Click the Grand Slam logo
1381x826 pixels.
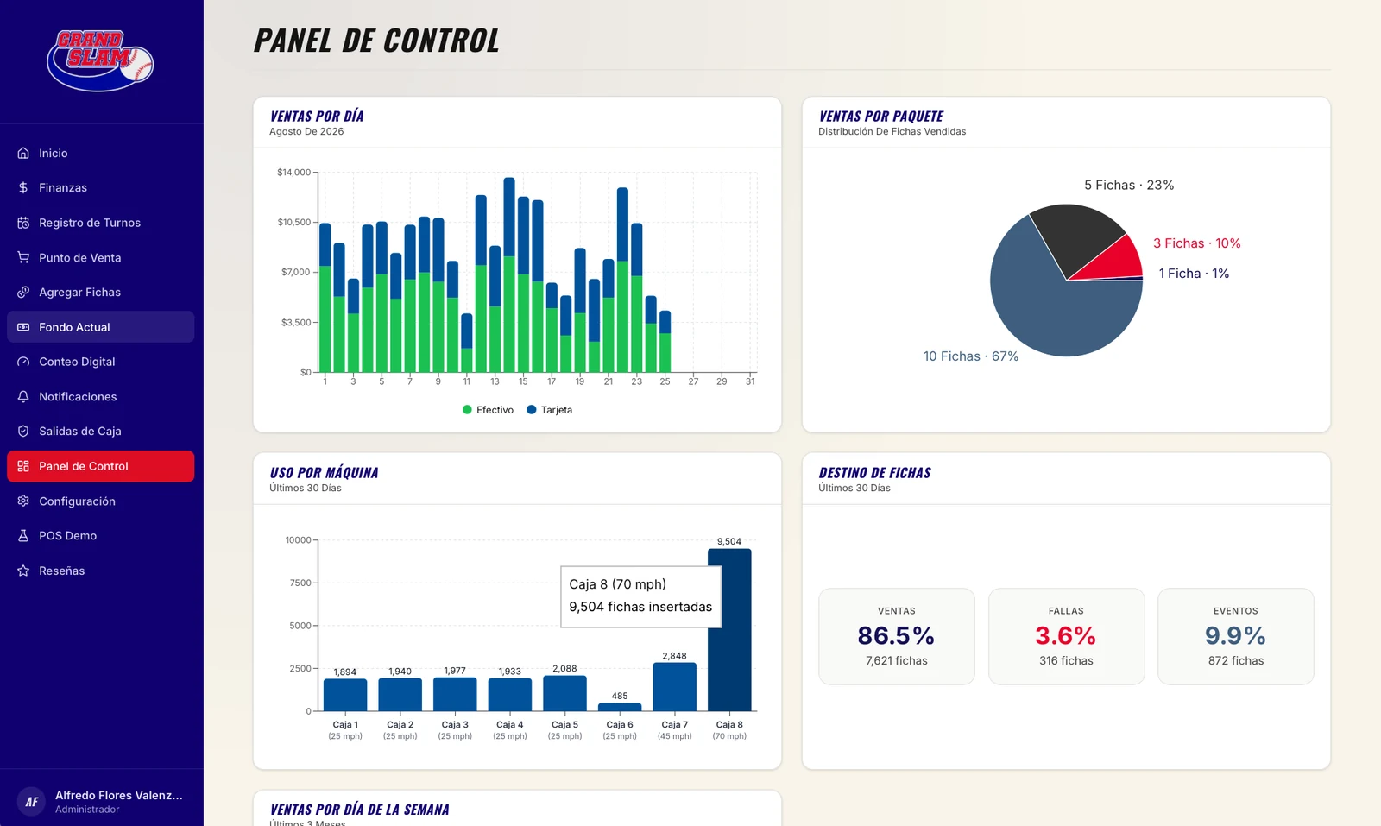100,60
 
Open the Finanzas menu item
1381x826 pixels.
62,187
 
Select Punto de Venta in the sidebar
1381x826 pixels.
79,258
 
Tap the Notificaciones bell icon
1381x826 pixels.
23,396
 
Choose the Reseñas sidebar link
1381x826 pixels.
61,571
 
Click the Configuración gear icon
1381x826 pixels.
23,501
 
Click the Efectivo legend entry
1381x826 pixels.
488,410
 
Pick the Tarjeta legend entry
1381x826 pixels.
549,410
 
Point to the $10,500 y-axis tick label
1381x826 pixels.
294,222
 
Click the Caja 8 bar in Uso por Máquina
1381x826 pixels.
729,630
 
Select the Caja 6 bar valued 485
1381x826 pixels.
620,707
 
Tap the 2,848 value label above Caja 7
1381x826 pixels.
674,656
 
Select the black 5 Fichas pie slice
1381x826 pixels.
1076,237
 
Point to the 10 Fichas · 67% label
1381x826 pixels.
971,356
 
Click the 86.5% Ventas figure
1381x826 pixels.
897,635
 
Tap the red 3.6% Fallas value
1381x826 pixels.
1066,635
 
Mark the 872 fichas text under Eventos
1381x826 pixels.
1235,661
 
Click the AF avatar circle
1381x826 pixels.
31,801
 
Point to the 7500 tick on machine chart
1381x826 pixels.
300,583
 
